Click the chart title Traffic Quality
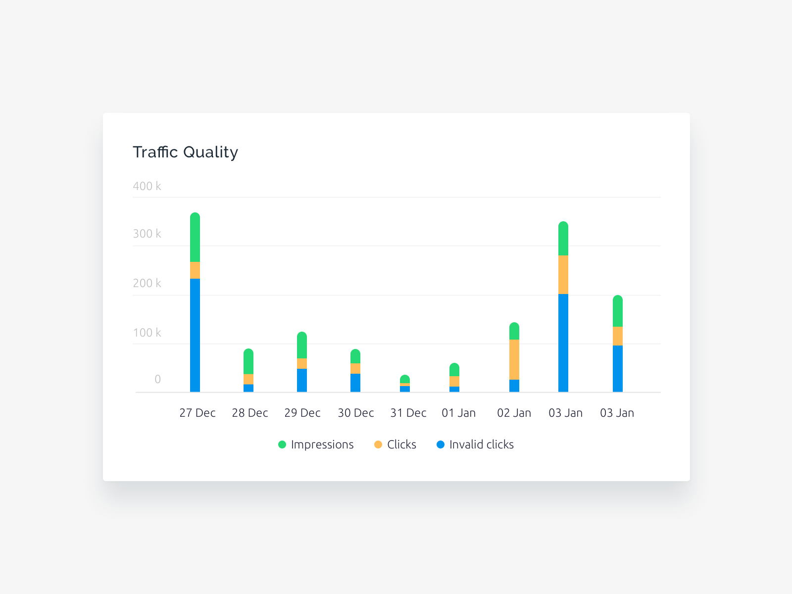point(185,152)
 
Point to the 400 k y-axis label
point(147,186)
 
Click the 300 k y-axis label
point(147,234)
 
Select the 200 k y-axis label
point(147,283)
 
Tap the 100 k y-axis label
point(147,333)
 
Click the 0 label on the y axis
point(157,379)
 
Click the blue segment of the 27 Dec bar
point(195,335)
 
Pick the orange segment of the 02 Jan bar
point(514,359)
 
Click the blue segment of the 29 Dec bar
point(302,380)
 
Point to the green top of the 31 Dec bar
point(405,379)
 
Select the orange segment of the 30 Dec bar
point(355,368)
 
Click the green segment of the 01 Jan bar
point(454,370)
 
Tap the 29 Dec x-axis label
point(302,413)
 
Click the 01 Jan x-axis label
point(458,413)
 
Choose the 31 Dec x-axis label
point(408,413)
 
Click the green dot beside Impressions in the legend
point(282,445)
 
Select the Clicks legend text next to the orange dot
point(401,445)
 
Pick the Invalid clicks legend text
point(481,445)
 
